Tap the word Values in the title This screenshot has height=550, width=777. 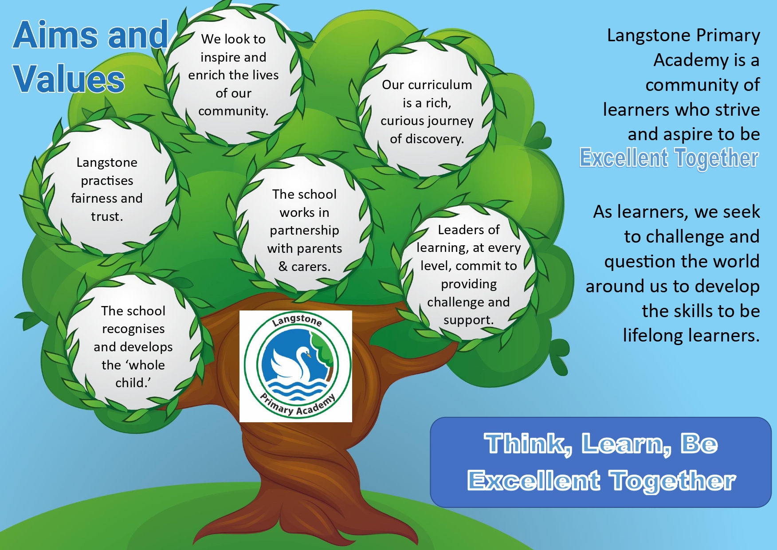tap(69, 79)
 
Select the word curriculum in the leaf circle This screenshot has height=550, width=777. tap(440, 85)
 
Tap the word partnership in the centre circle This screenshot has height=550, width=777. tap(304, 231)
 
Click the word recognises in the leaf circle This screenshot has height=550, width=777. tap(133, 329)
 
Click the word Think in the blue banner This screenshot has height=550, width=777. tap(527, 444)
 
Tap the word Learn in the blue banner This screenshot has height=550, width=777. tap(625, 444)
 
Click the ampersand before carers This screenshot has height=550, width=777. tap(283, 266)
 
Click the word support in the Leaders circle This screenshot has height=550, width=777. tap(468, 320)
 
